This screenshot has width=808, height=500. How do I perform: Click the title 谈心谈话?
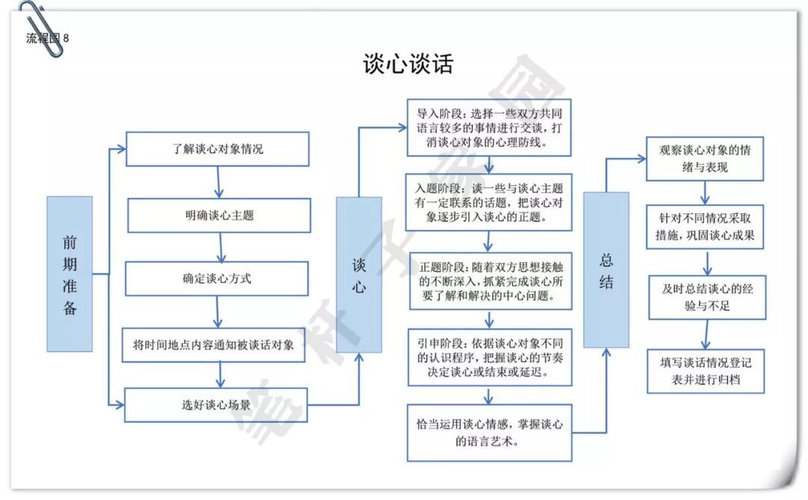(408, 64)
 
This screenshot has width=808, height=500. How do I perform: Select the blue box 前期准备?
(70, 274)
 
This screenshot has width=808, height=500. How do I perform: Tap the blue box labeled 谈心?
(359, 275)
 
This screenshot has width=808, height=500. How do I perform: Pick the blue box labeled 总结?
(606, 270)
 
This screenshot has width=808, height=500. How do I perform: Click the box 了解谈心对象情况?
(217, 149)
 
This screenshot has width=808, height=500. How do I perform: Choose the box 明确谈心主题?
(219, 216)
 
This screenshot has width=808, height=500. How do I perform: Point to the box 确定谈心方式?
(217, 278)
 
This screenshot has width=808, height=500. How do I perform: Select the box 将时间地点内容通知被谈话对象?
(215, 345)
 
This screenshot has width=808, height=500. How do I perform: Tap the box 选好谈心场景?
(215, 405)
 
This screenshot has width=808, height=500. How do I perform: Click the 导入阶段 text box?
(489, 127)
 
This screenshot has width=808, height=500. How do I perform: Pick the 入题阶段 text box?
(489, 202)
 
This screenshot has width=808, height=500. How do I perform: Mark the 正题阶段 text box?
(489, 281)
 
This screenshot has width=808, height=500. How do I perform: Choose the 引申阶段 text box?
(489, 356)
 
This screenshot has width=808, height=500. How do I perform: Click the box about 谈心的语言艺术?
(489, 433)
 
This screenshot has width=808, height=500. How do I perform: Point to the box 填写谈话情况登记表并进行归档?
(706, 370)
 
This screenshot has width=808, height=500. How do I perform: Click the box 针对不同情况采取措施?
(707, 227)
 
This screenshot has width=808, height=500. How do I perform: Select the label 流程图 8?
(46, 38)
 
